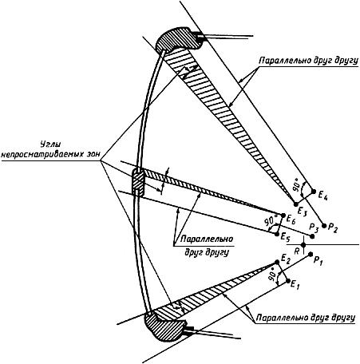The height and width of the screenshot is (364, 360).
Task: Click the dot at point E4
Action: [x=314, y=192]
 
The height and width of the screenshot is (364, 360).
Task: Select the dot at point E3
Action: [x=296, y=204]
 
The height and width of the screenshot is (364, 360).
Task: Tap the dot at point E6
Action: [x=283, y=216]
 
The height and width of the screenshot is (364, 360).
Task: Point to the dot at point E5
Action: [x=277, y=235]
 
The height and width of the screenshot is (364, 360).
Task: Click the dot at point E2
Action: [x=277, y=263]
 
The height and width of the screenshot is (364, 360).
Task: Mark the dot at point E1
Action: [x=288, y=281]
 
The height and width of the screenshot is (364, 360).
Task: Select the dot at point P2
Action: [x=324, y=226]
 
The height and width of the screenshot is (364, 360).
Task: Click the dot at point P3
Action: [x=313, y=236]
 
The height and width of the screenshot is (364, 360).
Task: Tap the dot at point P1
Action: [x=311, y=254]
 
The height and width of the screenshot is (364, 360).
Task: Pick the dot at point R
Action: [x=303, y=244]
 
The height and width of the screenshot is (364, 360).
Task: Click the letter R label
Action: [x=297, y=251]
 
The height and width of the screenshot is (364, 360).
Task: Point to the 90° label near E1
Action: [x=271, y=276]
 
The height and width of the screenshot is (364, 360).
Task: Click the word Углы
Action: [x=50, y=144]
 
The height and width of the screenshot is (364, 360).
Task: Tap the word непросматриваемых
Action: [x=37, y=154]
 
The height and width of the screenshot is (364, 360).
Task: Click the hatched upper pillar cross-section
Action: [x=177, y=39]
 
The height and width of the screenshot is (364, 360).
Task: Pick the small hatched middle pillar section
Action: [x=139, y=182]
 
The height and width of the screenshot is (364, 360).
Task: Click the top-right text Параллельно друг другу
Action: [x=309, y=61]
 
